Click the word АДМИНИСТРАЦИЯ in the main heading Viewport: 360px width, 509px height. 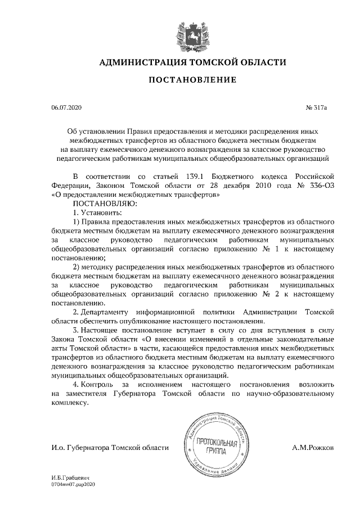pos(141,62)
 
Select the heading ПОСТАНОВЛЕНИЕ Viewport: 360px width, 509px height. pos(192,80)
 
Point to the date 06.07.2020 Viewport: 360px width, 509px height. pos(66,107)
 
